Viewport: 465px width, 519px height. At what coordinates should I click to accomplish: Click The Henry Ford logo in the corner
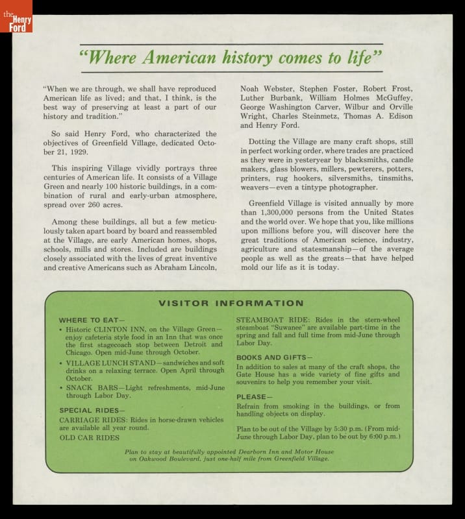(16, 16)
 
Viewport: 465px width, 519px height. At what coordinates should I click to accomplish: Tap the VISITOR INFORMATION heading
(231, 304)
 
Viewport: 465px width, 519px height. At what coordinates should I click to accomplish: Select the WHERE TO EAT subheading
(90, 320)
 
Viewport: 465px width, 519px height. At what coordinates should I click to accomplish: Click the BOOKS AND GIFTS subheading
(273, 357)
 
